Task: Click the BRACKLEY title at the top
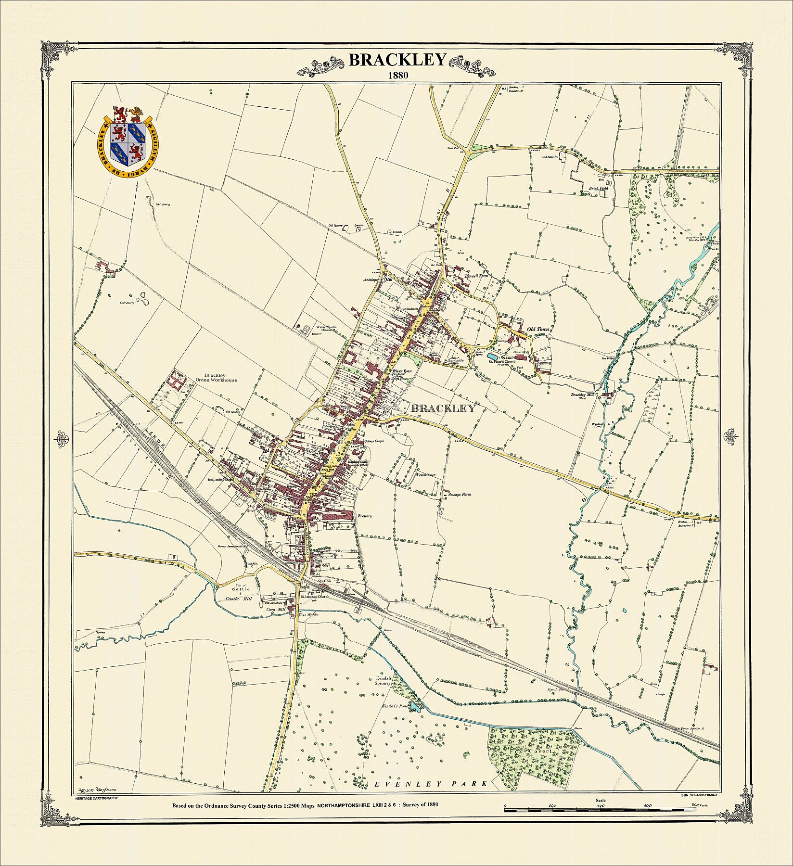(x=397, y=60)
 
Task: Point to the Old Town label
(x=538, y=329)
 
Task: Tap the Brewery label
(x=365, y=516)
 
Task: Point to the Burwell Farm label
(x=477, y=277)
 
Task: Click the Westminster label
(x=425, y=474)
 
